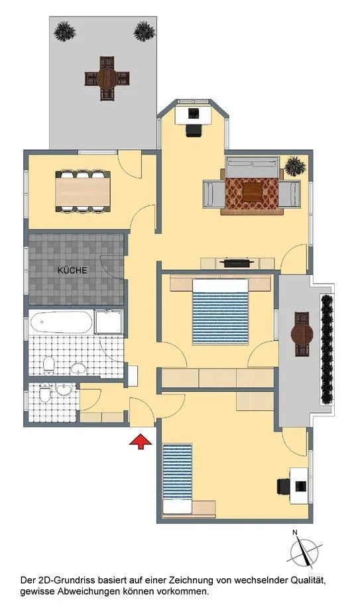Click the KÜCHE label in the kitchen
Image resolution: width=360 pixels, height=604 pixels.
pos(72,271)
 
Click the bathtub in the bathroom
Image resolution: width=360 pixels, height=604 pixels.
pos(61,322)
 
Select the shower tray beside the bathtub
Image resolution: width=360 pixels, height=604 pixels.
pos(109,322)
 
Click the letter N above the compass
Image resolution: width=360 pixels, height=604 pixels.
pos(295,533)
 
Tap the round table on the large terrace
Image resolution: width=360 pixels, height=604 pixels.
pos(107,79)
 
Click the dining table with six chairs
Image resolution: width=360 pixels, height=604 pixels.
pos(83,192)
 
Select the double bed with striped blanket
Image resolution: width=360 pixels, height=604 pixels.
pos(221,311)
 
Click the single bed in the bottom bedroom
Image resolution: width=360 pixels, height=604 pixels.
pos(178,479)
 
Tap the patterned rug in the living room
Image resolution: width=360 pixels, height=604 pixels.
pos(252,192)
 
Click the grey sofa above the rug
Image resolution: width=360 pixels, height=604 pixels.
pos(252,167)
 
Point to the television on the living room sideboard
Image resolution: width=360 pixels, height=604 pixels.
pos(237,263)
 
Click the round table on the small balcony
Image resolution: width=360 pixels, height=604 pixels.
pos(302,334)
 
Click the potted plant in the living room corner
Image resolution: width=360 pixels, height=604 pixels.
pos(295,166)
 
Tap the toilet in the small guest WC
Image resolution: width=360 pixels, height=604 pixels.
pos(46,393)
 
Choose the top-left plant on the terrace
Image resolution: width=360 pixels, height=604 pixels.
pos(65,32)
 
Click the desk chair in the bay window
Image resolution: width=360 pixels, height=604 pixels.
pos(194,130)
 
